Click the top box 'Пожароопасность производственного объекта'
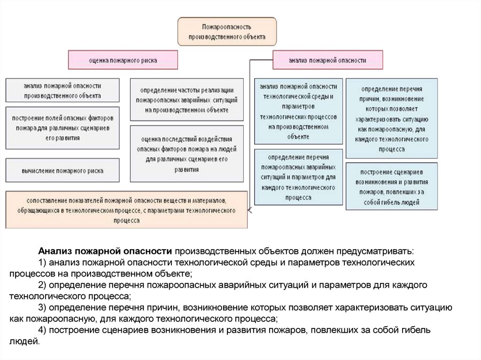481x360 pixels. (x=227, y=31)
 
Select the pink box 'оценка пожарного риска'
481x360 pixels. (x=123, y=60)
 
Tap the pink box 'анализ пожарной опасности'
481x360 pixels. (x=327, y=60)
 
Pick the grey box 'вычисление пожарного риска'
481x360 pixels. (x=62, y=171)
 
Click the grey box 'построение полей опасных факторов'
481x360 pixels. (x=62, y=128)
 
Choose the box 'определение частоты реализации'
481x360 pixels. (x=186, y=100)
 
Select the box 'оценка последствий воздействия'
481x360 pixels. (x=186, y=153)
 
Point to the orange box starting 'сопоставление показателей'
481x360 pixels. (x=126, y=209)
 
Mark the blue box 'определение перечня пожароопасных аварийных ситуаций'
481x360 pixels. (x=298, y=177)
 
